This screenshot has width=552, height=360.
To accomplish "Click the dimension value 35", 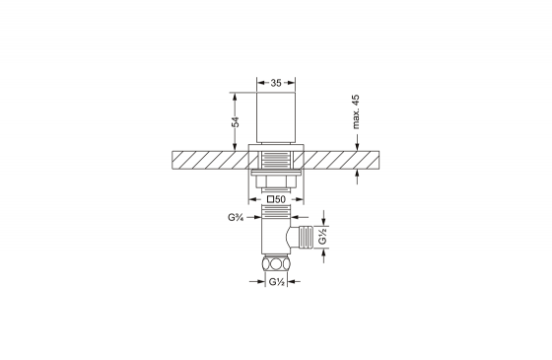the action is tap(276, 83).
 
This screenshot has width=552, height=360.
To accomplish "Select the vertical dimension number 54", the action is tap(236, 122).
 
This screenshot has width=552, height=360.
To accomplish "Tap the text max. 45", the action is tap(356, 111).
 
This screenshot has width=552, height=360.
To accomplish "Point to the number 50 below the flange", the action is tap(280, 199).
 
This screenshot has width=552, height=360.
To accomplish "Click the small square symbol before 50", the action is tap(270, 199).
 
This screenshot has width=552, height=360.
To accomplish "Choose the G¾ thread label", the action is tap(237, 217).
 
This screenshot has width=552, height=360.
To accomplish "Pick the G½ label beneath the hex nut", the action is tap(277, 282).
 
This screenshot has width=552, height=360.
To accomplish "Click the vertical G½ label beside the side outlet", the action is tap(323, 236).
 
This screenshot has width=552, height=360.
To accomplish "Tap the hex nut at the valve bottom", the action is tap(276, 263).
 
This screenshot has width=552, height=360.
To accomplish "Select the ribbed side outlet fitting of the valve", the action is tap(306, 237).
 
